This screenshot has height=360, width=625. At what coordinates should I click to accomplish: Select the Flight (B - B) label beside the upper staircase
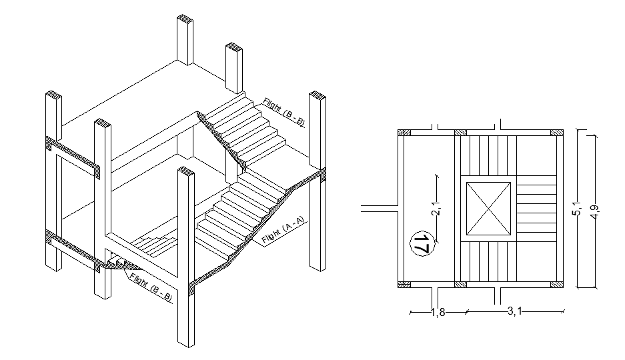click(x=284, y=111)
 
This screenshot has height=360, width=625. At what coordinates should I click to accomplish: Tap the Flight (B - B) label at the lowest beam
click(x=151, y=285)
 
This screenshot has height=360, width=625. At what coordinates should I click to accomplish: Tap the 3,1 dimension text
click(x=513, y=311)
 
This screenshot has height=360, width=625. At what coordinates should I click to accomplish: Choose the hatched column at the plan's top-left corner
click(x=404, y=133)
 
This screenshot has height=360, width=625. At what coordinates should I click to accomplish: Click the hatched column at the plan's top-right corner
click(x=556, y=133)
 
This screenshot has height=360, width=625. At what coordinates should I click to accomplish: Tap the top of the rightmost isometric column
click(x=318, y=95)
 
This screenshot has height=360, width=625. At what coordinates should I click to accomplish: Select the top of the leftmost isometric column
click(x=53, y=93)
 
